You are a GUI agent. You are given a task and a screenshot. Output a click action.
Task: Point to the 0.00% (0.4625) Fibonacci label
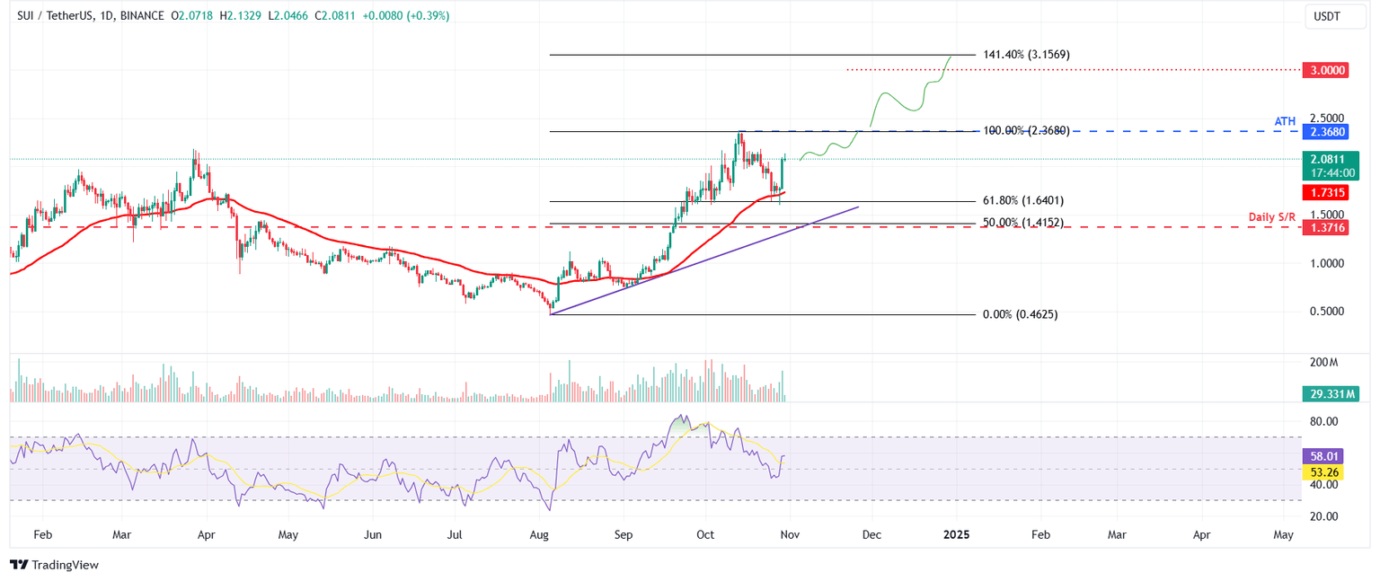click(1019, 314)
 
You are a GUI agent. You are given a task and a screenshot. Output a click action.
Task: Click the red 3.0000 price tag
click(1325, 69)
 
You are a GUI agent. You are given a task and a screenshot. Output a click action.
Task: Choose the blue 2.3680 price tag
click(1325, 131)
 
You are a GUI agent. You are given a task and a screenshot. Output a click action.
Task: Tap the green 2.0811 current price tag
click(1325, 159)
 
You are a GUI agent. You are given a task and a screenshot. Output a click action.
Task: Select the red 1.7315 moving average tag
click(1325, 192)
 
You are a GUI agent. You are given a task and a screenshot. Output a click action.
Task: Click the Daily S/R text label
click(1271, 217)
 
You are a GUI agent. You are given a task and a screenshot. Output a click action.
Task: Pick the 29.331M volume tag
click(1331, 393)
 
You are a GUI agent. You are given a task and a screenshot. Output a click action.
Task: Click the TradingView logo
click(55, 565)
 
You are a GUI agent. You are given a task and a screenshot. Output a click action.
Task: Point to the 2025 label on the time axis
click(955, 534)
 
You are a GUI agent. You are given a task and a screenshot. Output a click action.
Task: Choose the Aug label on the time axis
click(539, 534)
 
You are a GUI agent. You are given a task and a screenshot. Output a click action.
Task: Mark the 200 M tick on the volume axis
click(1323, 362)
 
